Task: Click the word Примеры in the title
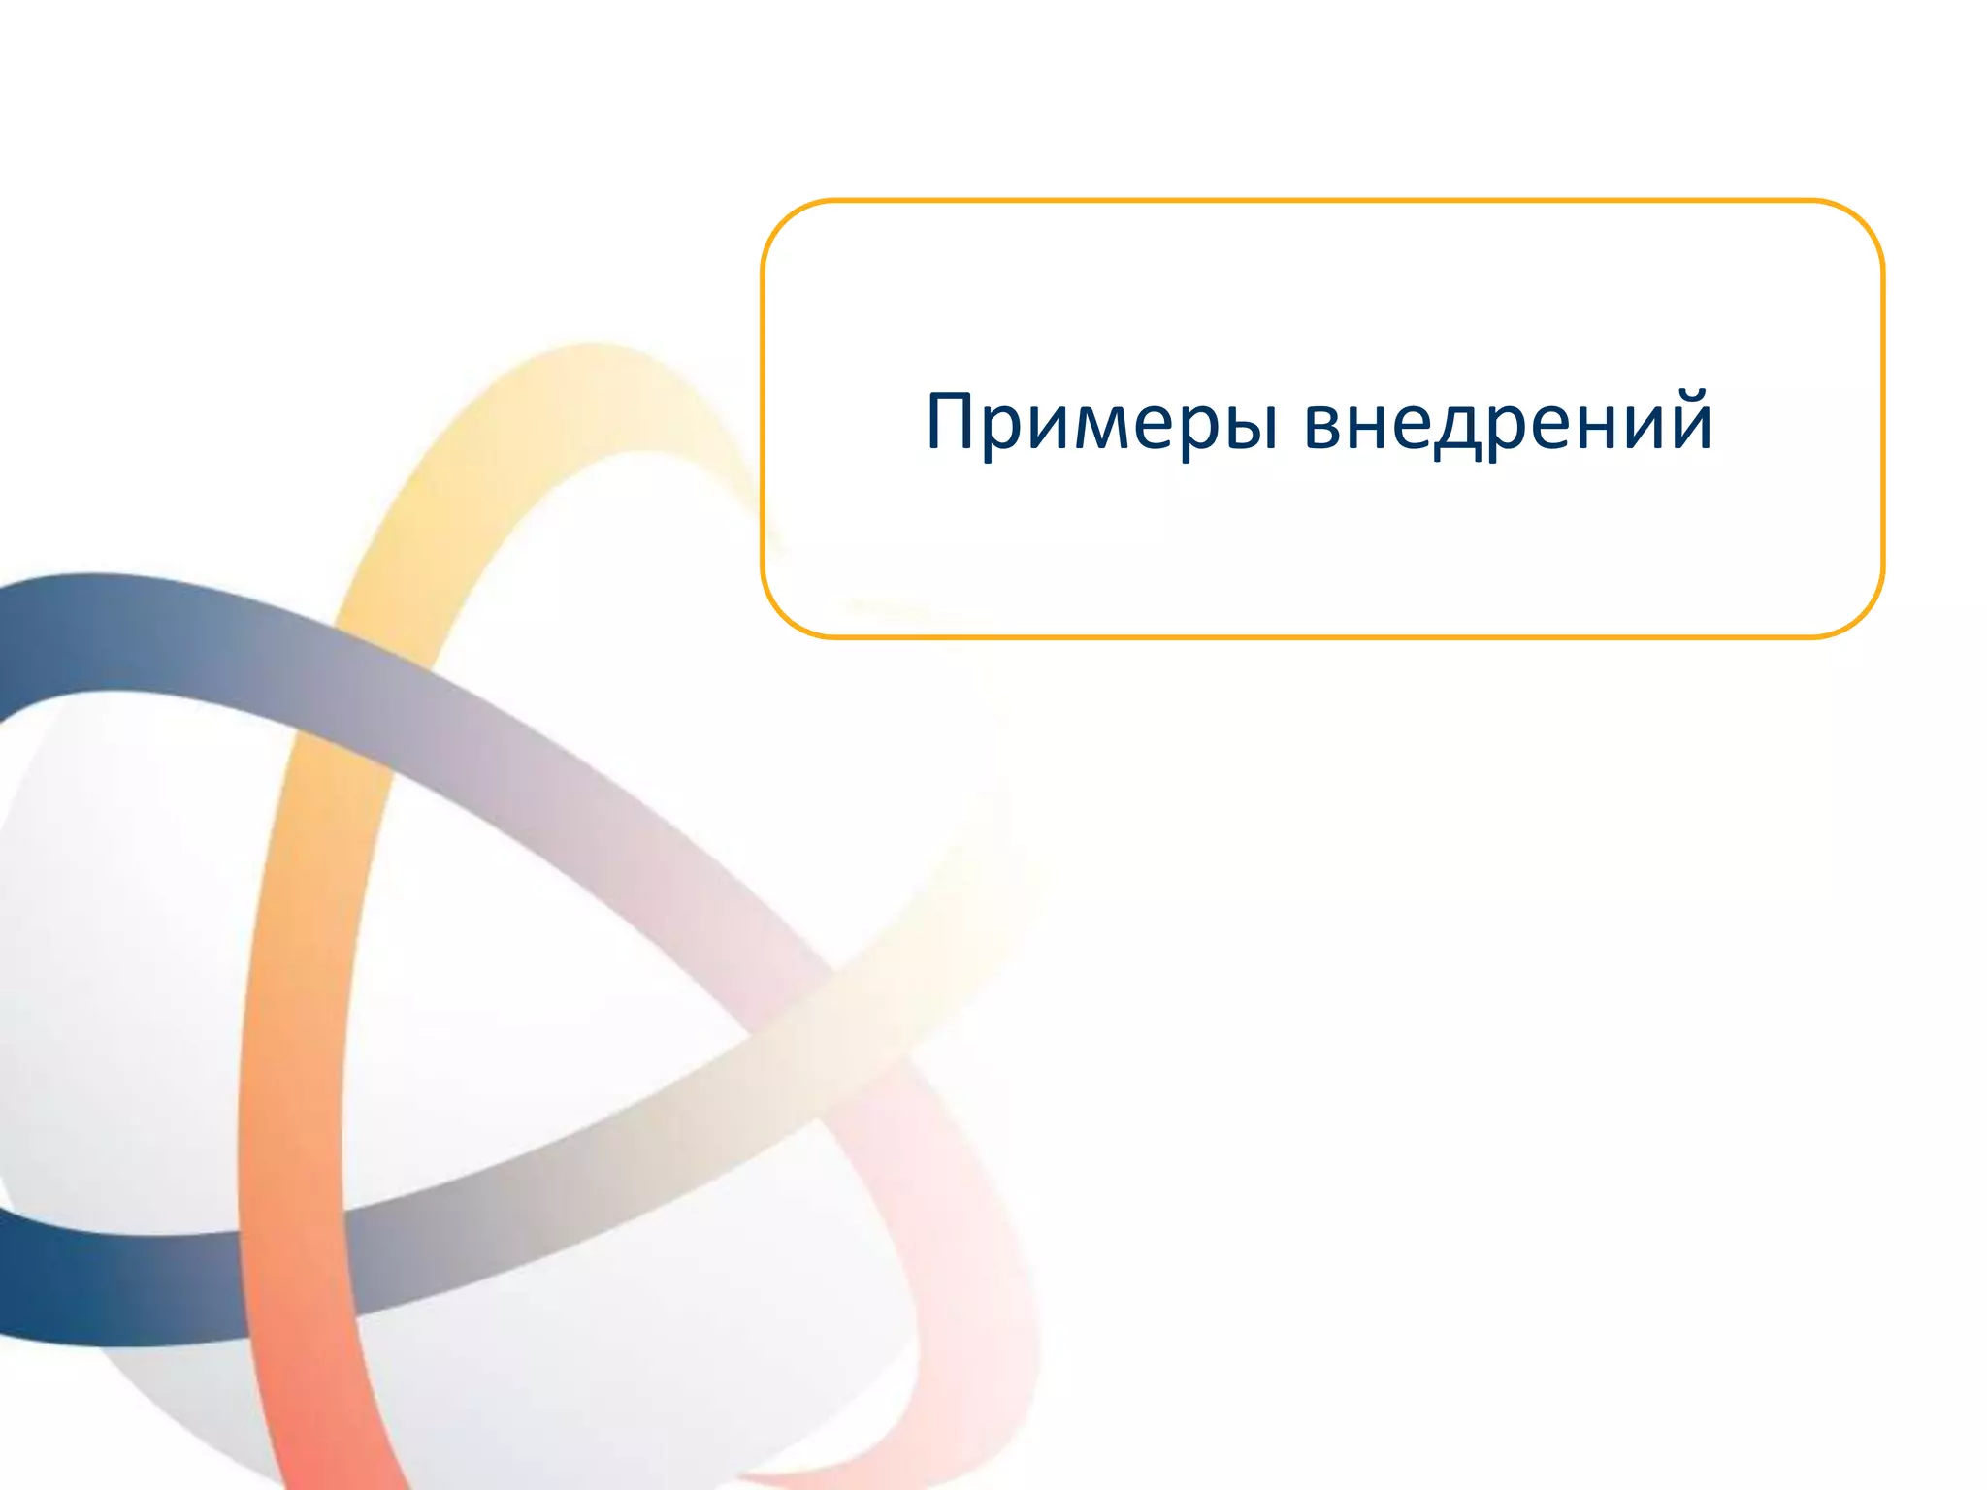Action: click(1102, 423)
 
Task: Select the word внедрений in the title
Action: click(1509, 423)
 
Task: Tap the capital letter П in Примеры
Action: click(952, 421)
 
